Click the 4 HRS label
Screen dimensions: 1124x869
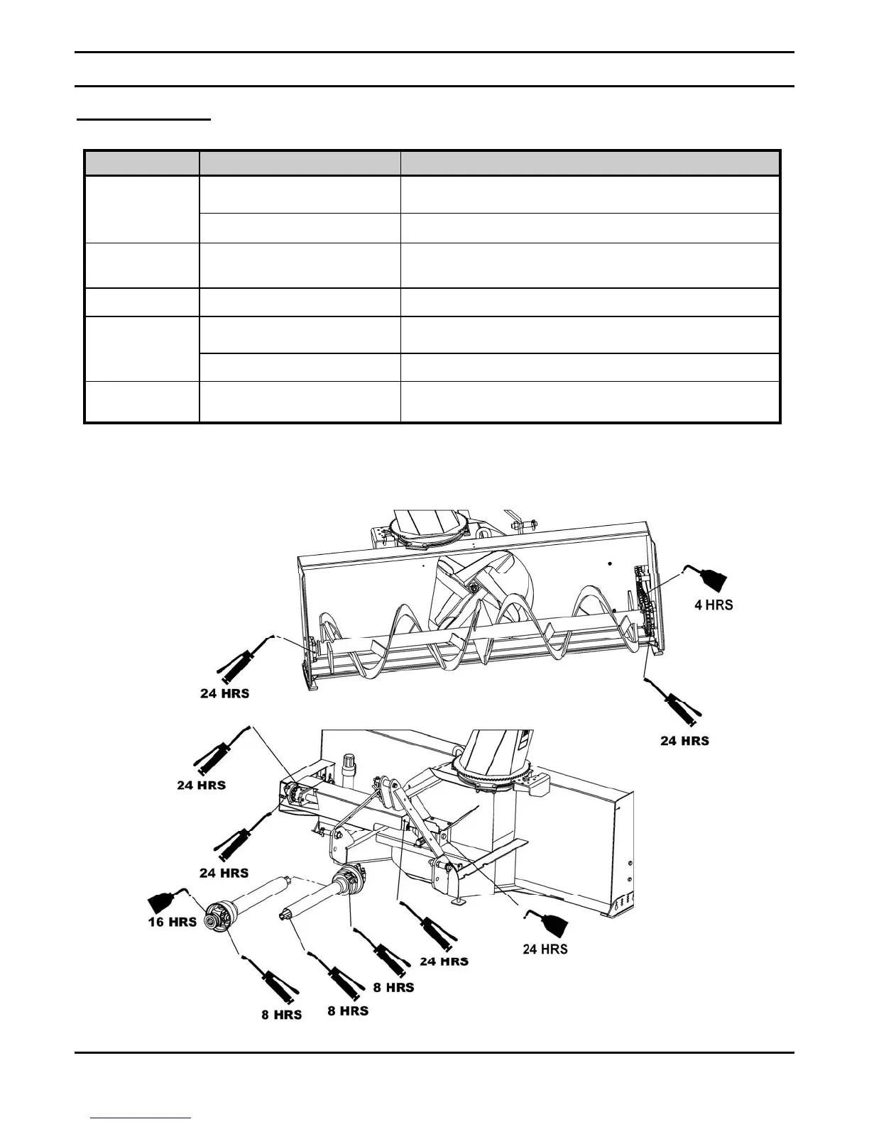pos(713,605)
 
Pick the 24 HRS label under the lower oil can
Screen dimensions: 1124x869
pos(545,949)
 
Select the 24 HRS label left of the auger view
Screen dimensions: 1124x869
pos(224,693)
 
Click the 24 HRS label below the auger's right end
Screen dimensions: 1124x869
pos(684,741)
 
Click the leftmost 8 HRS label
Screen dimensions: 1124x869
pos(281,1015)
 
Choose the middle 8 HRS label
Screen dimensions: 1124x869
pos(347,1010)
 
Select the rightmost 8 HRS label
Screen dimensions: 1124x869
pos(393,987)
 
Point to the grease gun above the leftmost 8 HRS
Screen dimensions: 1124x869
pos(274,981)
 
